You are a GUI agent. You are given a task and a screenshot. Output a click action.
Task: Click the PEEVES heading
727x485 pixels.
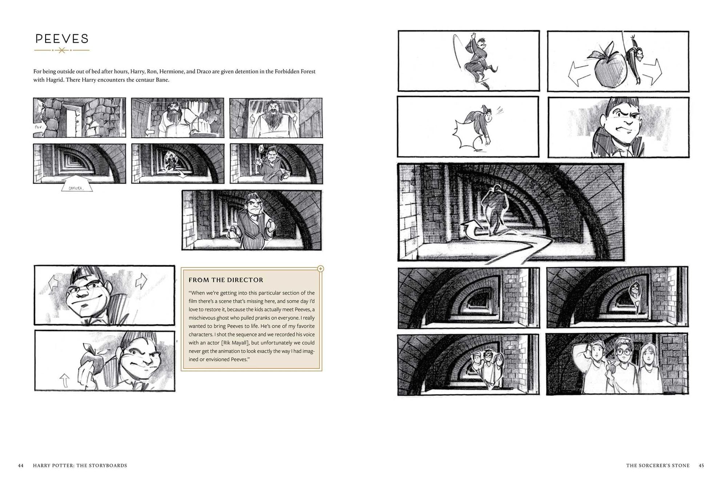(62, 39)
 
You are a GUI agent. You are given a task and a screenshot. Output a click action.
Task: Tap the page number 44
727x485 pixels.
(21, 465)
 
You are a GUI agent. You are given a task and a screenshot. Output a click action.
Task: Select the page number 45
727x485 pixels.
(701, 465)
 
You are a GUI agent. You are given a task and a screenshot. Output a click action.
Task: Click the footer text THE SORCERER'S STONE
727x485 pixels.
(658, 465)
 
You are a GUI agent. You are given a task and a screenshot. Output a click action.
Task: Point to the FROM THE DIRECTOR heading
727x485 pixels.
(226, 280)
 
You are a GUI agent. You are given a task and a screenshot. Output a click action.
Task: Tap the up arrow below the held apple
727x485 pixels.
(64, 380)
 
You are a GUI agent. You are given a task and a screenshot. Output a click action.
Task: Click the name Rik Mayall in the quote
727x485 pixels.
(236, 343)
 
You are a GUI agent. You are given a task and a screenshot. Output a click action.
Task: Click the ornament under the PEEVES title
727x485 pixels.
(62, 50)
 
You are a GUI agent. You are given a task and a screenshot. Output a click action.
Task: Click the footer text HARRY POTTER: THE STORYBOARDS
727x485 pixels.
(80, 465)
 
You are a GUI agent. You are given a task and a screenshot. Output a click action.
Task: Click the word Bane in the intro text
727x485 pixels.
(162, 80)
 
